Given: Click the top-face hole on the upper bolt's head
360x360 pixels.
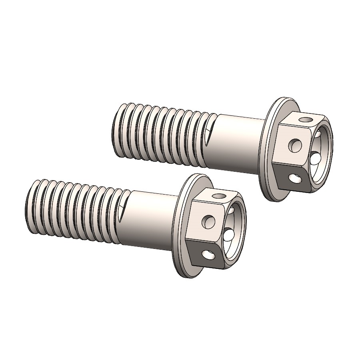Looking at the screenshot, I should click(x=306, y=119).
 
